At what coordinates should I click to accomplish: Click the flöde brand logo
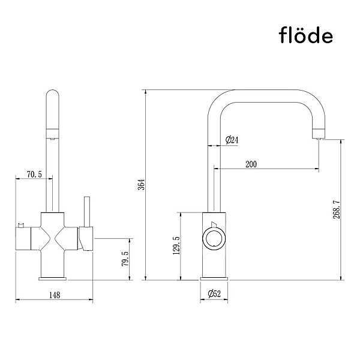coord(306,35)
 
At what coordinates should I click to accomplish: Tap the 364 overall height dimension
coord(142,184)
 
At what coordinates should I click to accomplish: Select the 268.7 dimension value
coord(337,209)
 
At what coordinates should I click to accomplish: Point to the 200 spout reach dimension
coord(251,164)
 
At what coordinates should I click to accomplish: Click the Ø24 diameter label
coord(232,140)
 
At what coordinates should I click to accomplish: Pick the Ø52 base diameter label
coord(214,293)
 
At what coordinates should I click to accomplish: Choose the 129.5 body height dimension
coord(176,245)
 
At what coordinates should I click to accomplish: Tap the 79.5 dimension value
coord(125,259)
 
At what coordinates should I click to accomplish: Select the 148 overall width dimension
coord(55,295)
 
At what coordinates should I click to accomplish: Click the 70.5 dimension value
coord(34,175)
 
